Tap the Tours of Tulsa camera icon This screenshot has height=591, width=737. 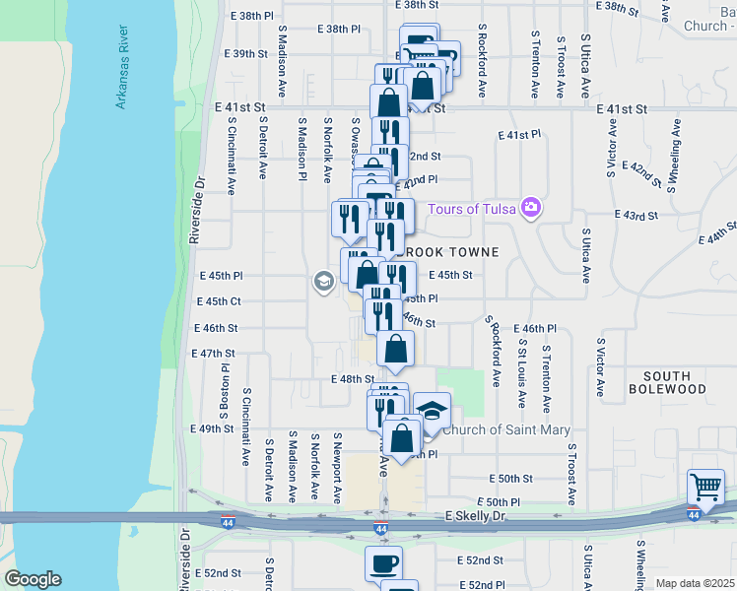532,207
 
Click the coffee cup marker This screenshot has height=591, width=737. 383,564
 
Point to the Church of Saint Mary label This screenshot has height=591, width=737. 506,429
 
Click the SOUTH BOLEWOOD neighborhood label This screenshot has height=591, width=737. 674,382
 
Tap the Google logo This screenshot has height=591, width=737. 33,579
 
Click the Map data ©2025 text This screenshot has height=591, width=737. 694,583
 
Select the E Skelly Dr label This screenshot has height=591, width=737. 475,516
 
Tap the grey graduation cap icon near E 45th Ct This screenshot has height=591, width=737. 322,282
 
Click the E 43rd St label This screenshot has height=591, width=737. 635,215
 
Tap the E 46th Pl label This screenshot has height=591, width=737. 536,328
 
